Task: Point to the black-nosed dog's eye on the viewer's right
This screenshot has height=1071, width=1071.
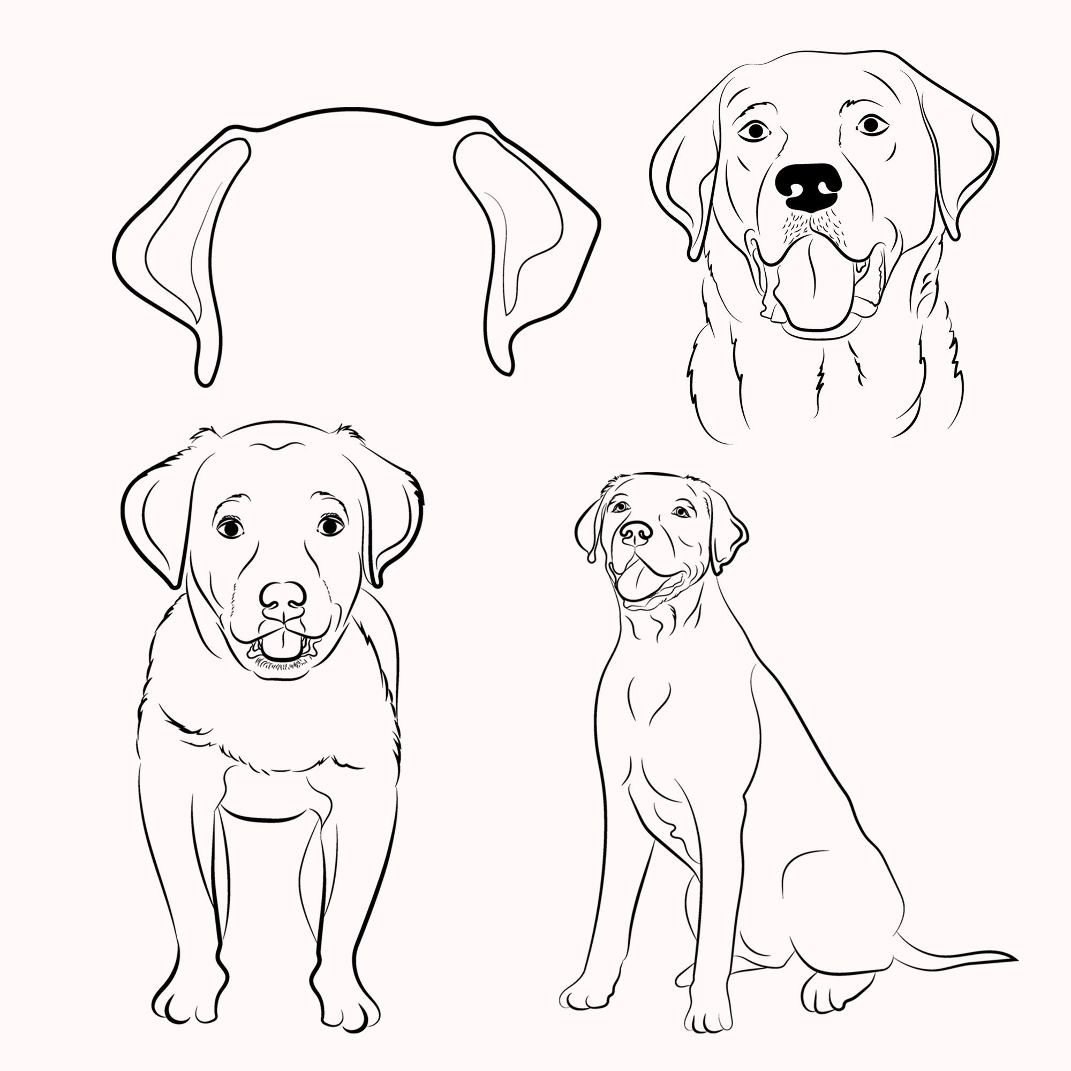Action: [x=871, y=125]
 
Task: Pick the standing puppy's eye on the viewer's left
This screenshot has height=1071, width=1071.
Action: [x=230, y=528]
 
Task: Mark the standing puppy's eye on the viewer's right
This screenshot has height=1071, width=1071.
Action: [x=330, y=525]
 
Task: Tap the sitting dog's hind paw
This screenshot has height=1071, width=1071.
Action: [x=832, y=992]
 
